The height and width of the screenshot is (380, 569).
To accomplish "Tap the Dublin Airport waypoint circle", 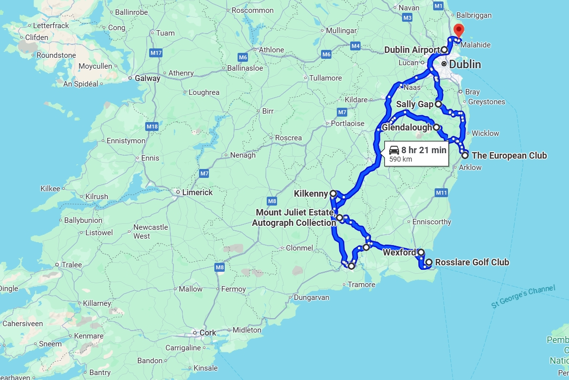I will [445, 50].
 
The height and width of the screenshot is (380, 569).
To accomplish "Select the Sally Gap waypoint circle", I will [438, 104].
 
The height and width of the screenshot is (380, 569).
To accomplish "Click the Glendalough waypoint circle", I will [437, 127].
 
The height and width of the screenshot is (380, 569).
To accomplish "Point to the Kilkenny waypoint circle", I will [333, 194].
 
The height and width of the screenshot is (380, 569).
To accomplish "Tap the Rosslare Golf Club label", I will [471, 262].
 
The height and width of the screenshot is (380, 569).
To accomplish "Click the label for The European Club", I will [509, 156].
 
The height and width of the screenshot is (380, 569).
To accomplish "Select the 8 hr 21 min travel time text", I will [424, 150].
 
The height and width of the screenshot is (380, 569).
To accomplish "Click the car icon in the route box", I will [394, 150].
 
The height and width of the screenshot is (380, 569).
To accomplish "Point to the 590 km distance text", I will [401, 160].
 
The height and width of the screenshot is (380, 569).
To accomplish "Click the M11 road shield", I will [441, 192].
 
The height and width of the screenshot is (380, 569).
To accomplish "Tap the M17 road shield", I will [156, 53].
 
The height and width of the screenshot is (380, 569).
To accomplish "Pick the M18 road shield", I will [152, 127].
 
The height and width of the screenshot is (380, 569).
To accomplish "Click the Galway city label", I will [148, 78].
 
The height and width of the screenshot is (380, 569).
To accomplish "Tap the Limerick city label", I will [197, 192].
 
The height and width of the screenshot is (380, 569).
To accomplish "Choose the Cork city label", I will [207, 333].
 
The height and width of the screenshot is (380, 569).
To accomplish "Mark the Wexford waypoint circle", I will [421, 253].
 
